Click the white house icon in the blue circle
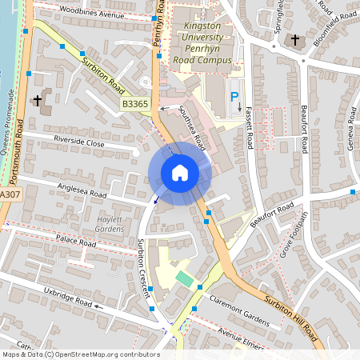[x=179, y=173]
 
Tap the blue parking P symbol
[x=235, y=96]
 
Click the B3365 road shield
[x=135, y=104]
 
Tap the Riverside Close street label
[x=79, y=142]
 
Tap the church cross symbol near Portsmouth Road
[x=37, y=101]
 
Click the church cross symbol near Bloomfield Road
[x=294, y=39]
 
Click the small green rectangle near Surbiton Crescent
[x=185, y=279]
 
